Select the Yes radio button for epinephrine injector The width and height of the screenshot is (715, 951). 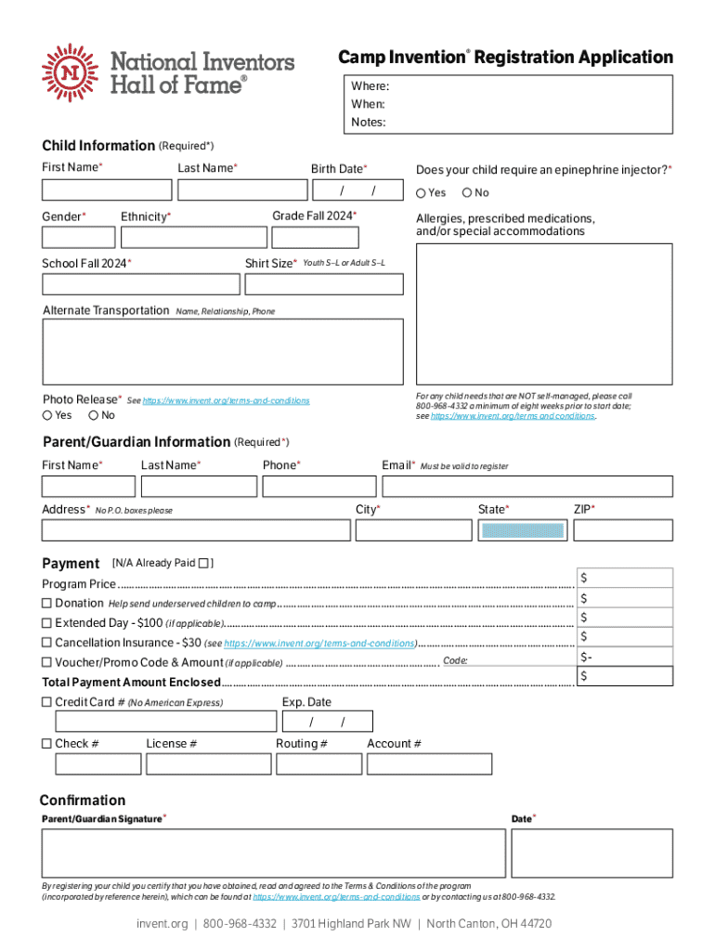(x=421, y=193)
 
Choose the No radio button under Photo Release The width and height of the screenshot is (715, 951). (x=94, y=415)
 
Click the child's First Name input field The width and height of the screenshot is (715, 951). (x=107, y=190)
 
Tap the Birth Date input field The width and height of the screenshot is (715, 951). (x=357, y=190)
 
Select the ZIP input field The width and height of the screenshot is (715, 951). (x=622, y=530)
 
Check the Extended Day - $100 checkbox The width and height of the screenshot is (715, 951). (x=46, y=623)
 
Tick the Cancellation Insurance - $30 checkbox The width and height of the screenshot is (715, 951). (x=46, y=643)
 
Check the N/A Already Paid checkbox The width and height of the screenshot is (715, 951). (x=204, y=563)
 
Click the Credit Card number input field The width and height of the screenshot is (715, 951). (x=166, y=722)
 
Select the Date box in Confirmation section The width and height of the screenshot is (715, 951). (x=591, y=853)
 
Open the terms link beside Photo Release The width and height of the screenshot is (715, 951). (x=226, y=400)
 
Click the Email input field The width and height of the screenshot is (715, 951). (x=526, y=486)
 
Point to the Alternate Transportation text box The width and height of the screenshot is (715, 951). (x=223, y=351)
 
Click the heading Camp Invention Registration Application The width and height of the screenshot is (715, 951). (x=505, y=58)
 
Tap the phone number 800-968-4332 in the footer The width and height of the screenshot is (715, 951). (x=240, y=924)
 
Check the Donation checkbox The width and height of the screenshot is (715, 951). (x=46, y=604)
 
